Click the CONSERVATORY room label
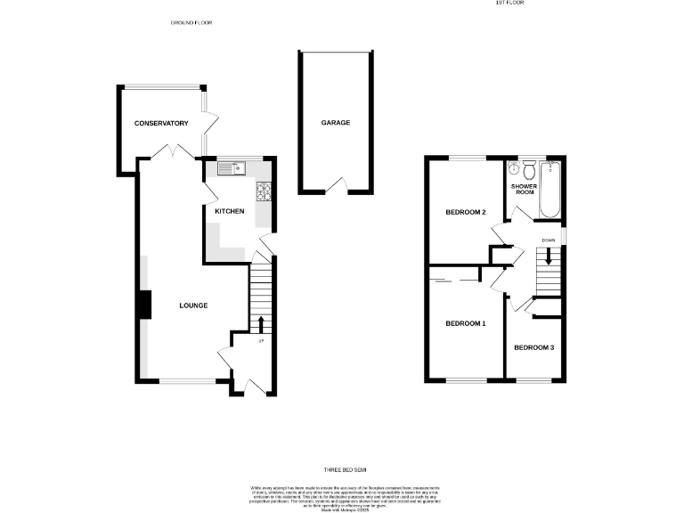pos(161,123)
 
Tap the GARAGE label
pos(336,123)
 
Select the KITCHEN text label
pos(229,211)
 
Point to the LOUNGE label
pos(193,305)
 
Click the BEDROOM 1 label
pos(465,323)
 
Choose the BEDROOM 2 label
pos(465,212)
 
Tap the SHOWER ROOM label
pos(524,189)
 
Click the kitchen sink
pos(231,167)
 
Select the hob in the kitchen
pos(265,191)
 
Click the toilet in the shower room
pos(529,168)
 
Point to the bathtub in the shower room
pos(550,190)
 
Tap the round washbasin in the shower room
pos(514,168)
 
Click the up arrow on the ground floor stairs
pos(261,322)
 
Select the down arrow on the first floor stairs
pos(549,256)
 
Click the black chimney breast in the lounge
pos(142,305)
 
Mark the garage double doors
pos(336,185)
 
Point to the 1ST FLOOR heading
pos(510,4)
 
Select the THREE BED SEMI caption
pos(345,469)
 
